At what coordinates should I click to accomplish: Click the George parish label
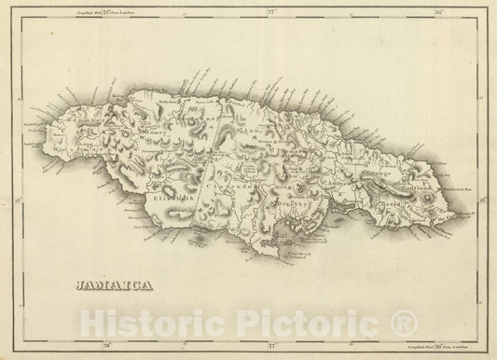click(366, 173)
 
